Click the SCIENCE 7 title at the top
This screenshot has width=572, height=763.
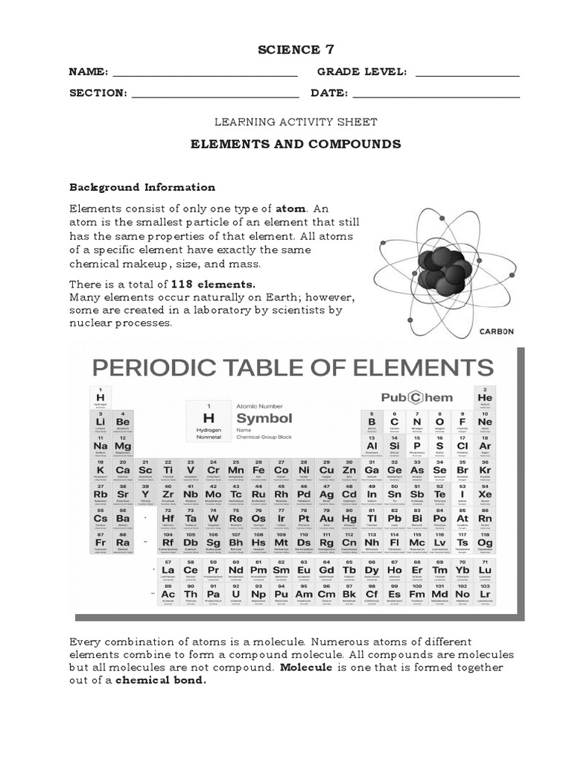(285, 50)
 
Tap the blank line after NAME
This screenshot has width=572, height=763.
(205, 75)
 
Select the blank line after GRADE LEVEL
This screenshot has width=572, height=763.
(467, 75)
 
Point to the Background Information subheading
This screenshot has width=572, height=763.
(142, 187)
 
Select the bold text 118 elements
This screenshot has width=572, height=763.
(214, 284)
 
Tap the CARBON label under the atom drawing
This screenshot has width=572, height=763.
(497, 332)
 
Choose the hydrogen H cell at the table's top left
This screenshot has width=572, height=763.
(100, 398)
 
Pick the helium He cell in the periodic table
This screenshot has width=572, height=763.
(485, 398)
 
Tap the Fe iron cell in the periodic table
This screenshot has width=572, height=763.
(258, 471)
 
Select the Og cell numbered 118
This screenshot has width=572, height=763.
(485, 543)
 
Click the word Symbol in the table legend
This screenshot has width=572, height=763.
(264, 418)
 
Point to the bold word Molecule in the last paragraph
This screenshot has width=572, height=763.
(306, 668)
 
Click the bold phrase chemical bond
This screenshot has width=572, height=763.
(160, 680)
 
